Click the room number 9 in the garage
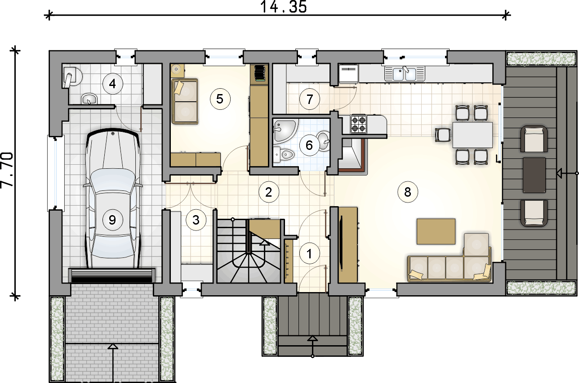pyautogui.click(x=112, y=220)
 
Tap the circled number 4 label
pyautogui.click(x=112, y=84)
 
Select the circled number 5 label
pyautogui.click(x=220, y=99)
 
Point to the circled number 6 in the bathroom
pyautogui.click(x=309, y=145)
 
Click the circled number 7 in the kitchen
pyautogui.click(x=310, y=99)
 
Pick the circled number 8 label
pyautogui.click(x=408, y=192)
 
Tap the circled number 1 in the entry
pyautogui.click(x=309, y=254)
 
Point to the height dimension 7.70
pyautogui.click(x=7, y=170)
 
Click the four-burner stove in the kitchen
pyautogui.click(x=359, y=124)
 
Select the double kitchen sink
pyautogui.click(x=404, y=74)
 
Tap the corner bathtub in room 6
pyautogui.click(x=285, y=131)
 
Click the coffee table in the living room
pyautogui.click(x=436, y=231)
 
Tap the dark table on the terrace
pyautogui.click(x=534, y=175)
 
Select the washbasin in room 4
pyautogui.click(x=89, y=99)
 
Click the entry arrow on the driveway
pyautogui.click(x=113, y=363)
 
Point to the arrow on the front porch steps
pyautogui.click(x=313, y=346)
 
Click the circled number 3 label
pyautogui.click(x=196, y=220)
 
